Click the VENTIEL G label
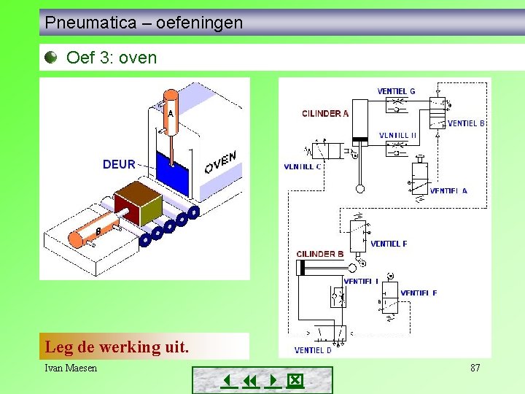[396, 91]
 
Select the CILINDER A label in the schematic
[325, 113]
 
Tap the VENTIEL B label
[466, 123]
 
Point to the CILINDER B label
[320, 254]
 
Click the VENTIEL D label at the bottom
[313, 350]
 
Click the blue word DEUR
[119, 164]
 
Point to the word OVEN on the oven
[220, 163]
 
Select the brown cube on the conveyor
[138, 204]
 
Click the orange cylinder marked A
[170, 112]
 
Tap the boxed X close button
[295, 381]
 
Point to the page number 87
[475, 368]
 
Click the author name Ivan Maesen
[71, 368]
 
